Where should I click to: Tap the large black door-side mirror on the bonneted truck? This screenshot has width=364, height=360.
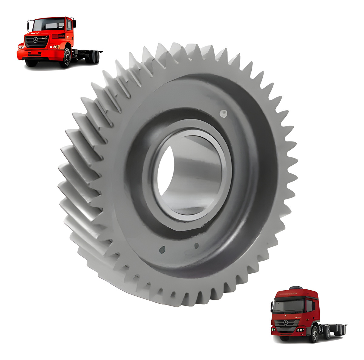75,24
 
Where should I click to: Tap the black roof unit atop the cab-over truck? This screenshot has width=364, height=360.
295,288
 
